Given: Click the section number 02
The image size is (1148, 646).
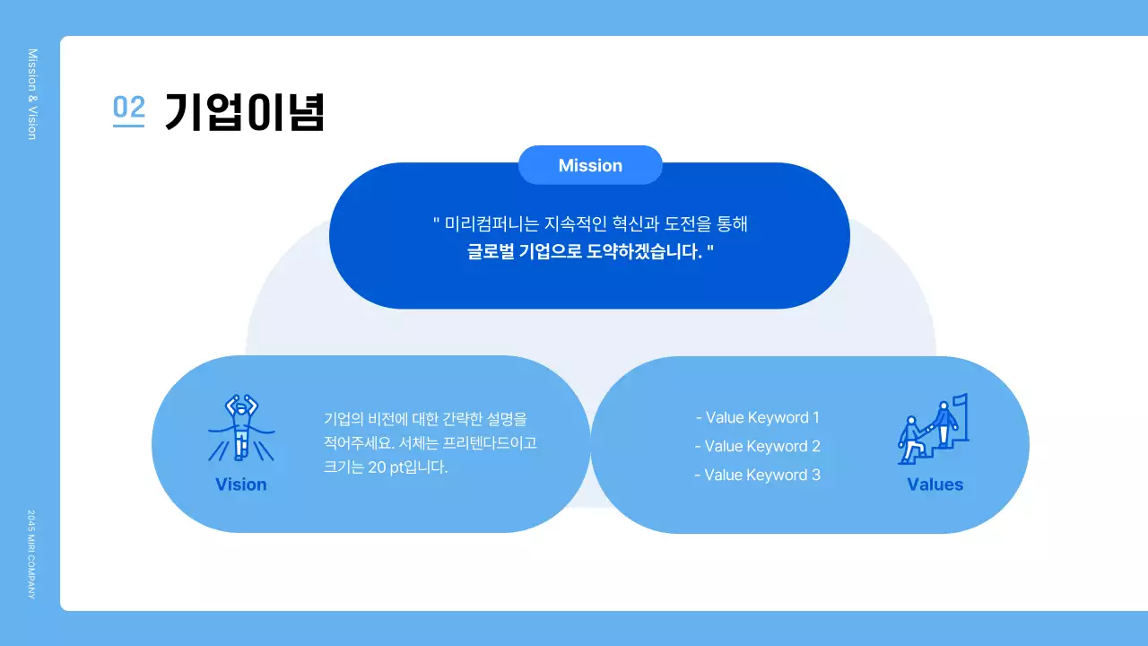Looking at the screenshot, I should click(128, 109).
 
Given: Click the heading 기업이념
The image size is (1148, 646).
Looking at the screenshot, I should click(244, 112).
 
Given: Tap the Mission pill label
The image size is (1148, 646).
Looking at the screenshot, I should click(590, 165).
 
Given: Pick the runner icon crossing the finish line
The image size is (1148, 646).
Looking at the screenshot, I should click(240, 428).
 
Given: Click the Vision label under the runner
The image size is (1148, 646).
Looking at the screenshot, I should click(240, 484).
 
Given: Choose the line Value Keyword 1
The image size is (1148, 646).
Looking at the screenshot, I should click(758, 417).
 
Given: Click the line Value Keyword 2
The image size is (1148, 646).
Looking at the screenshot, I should click(758, 446).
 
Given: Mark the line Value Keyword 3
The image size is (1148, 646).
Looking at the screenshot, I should click(758, 475).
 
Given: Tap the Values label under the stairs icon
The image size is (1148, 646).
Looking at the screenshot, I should click(935, 484).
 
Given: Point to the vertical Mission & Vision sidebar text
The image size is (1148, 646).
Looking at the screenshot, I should click(32, 94).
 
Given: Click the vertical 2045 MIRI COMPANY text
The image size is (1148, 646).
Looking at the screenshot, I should click(32, 554).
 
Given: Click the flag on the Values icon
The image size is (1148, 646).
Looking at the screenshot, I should click(959, 400).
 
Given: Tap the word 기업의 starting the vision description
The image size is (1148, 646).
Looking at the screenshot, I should click(339, 419).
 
